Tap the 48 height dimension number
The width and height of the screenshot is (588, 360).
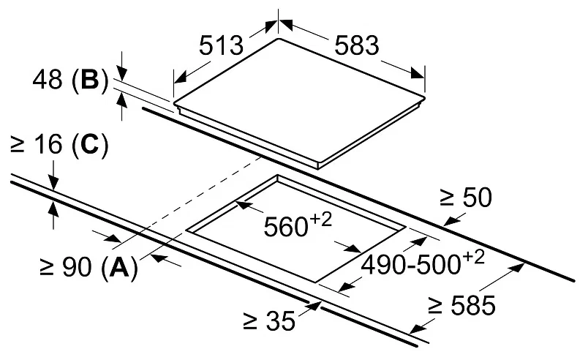pyautogui.click(x=48, y=80)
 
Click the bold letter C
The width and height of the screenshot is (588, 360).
pyautogui.click(x=89, y=146)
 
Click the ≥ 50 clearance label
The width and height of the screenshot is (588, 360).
pyautogui.click(x=464, y=198)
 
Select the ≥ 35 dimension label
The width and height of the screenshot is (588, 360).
pyautogui.click(x=270, y=320)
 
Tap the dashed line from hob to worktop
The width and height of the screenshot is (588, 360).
pyautogui.click(x=197, y=198)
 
